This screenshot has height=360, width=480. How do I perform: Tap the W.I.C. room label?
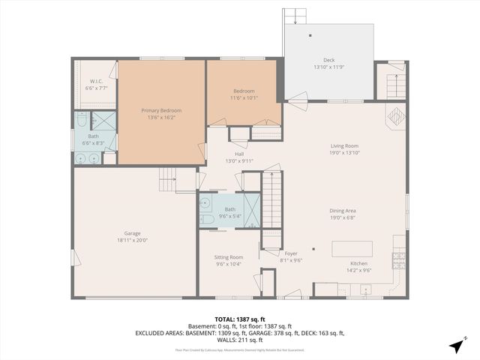click(x=97, y=81)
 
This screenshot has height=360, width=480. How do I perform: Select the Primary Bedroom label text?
click(x=161, y=110)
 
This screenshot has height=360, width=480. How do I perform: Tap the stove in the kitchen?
click(x=399, y=259)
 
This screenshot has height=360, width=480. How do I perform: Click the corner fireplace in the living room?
click(x=395, y=117)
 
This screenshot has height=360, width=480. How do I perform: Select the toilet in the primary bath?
click(x=81, y=120)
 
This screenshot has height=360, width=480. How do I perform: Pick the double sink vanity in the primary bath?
click(x=88, y=158)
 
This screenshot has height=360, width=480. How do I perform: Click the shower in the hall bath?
click(x=252, y=210)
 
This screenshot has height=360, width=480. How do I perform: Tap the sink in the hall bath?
click(x=205, y=201)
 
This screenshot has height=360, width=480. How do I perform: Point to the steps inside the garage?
click(x=167, y=178)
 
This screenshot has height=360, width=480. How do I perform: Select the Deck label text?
click(x=328, y=60)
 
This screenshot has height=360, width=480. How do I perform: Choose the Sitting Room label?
click(x=229, y=256)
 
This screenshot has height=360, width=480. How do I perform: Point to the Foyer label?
click(x=290, y=253)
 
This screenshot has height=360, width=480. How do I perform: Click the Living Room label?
click(x=344, y=145)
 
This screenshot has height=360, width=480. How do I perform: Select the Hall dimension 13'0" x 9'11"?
click(x=239, y=160)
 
